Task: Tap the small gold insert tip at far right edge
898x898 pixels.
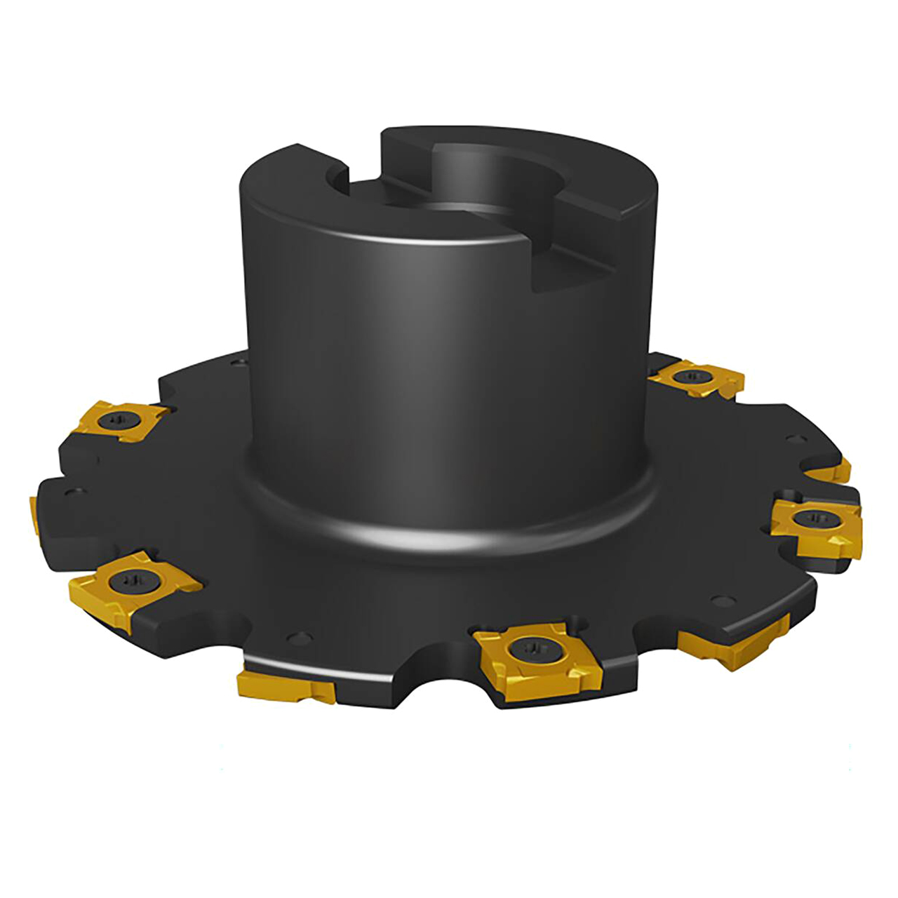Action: [x=838, y=471]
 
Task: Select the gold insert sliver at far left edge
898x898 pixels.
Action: [x=34, y=512]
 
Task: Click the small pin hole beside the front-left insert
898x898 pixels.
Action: [x=300, y=638]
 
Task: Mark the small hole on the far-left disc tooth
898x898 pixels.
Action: [x=71, y=491]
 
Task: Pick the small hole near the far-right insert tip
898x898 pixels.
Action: [x=794, y=440]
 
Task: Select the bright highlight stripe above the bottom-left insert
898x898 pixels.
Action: [x=316, y=671]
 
